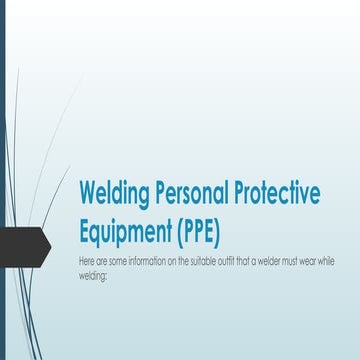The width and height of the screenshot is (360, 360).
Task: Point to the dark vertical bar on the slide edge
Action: (3, 180)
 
